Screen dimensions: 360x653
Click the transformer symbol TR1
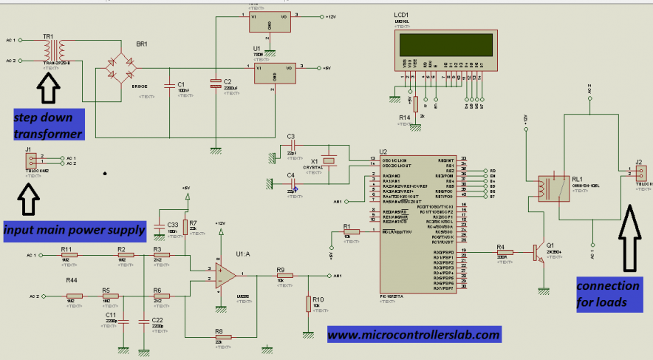click(x=54, y=50)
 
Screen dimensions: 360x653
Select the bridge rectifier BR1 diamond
click(x=120, y=66)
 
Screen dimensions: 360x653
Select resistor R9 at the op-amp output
click(x=284, y=275)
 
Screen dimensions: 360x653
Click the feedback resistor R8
click(x=222, y=336)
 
